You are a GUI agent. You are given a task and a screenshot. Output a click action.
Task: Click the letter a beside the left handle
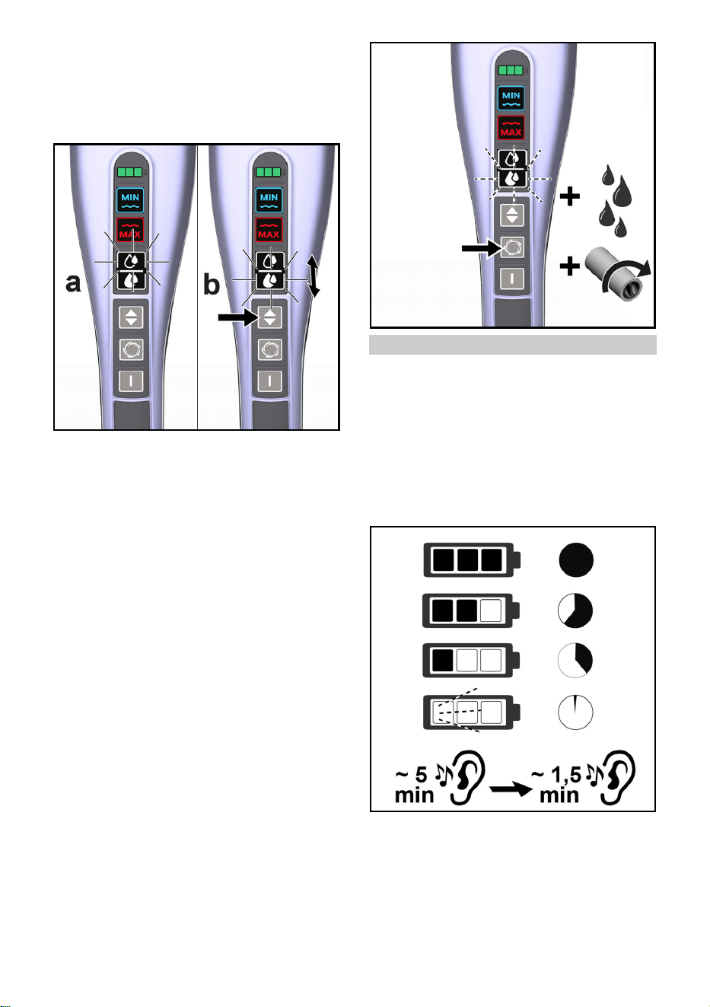point(73,283)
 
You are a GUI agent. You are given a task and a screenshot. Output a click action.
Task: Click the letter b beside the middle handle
point(212,285)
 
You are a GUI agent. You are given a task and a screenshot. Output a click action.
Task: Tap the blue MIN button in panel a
point(130,200)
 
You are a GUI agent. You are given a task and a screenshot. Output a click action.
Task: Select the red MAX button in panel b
point(269,229)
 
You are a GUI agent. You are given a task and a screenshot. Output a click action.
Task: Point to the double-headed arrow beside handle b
point(314,276)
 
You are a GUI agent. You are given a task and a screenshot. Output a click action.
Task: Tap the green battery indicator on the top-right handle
point(511,70)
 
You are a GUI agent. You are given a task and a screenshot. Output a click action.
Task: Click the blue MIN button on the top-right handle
point(511,98)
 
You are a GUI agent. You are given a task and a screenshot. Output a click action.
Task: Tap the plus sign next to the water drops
point(570,196)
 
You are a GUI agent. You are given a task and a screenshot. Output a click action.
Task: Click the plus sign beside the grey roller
point(570,266)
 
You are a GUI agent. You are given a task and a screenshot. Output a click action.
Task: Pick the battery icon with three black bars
point(473,560)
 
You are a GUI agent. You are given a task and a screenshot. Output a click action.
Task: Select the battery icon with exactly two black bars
point(471,610)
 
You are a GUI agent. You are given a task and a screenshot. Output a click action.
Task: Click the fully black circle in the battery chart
point(576,559)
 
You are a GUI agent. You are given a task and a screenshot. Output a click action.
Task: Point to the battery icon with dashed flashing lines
point(473,712)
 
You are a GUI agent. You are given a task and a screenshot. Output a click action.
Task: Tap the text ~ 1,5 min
point(558,785)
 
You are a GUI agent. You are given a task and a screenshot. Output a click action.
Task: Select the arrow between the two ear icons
point(511,789)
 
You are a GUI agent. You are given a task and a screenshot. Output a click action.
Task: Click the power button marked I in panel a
point(131,381)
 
